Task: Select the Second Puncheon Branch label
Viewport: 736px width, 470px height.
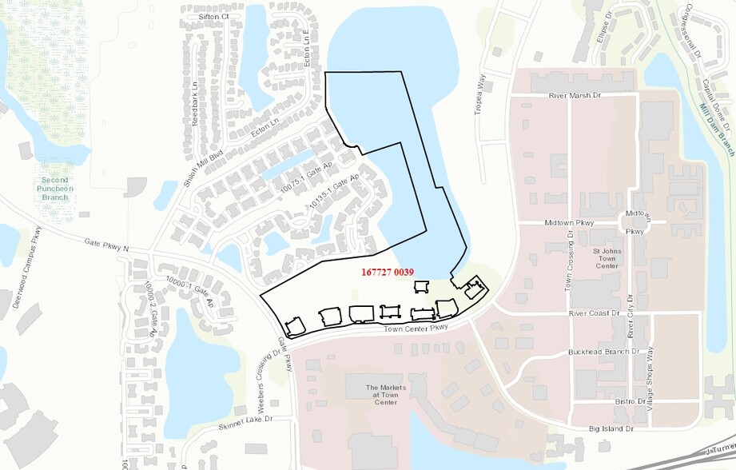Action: (56, 189)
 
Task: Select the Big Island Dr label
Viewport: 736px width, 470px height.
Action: (611, 428)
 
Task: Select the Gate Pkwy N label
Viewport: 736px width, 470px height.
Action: (106, 245)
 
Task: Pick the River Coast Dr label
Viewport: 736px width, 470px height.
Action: (595, 314)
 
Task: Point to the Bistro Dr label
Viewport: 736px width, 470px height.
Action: (631, 400)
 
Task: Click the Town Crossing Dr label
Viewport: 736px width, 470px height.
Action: (569, 260)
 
